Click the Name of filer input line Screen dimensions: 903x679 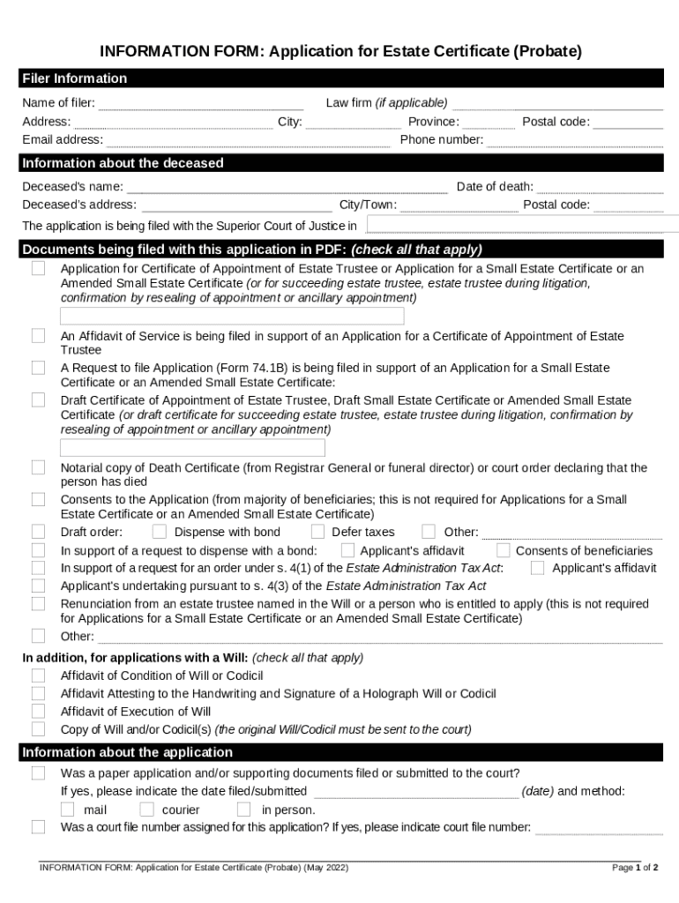click(201, 104)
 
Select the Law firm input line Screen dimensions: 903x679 click(557, 104)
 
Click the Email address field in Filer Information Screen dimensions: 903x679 click(248, 140)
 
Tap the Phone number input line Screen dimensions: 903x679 click(574, 140)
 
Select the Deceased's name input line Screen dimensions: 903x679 click(287, 187)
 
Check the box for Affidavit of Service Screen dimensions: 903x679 click(39, 336)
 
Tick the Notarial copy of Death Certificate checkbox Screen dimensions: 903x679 click(39, 467)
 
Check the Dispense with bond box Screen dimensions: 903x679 click(160, 532)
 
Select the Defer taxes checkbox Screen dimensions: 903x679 click(317, 532)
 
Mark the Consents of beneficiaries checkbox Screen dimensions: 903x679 click(504, 550)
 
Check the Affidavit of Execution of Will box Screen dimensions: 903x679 click(39, 711)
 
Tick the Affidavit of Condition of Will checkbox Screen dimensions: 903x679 click(39, 675)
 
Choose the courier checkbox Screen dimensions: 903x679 click(146, 810)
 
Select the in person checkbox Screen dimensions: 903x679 click(244, 810)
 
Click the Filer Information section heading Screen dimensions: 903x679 click(75, 78)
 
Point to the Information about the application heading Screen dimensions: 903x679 click(128, 752)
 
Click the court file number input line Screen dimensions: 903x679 click(599, 828)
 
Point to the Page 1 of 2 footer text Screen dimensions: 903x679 click(635, 868)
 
